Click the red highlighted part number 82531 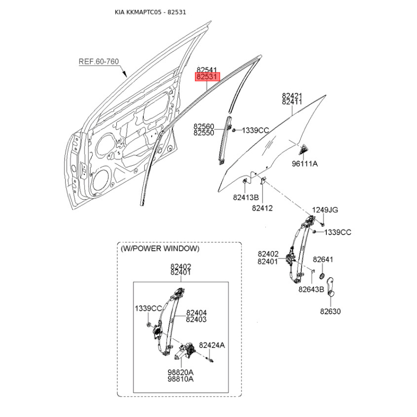(207, 77)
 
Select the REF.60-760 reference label (99, 62)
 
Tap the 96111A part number (305, 164)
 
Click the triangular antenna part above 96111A (303, 150)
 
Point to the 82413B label (246, 198)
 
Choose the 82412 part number (262, 208)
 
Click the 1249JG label (325, 210)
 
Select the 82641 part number (323, 259)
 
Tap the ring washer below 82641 (321, 276)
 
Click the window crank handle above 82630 (330, 287)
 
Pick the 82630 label (330, 311)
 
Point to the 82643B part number (311, 289)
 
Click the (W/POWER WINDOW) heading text (160, 249)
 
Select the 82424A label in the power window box (212, 345)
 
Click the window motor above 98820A (185, 351)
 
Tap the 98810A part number (180, 379)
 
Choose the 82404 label (197, 313)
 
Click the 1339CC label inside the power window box (149, 308)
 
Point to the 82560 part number (204, 126)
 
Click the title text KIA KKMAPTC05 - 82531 (150, 12)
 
